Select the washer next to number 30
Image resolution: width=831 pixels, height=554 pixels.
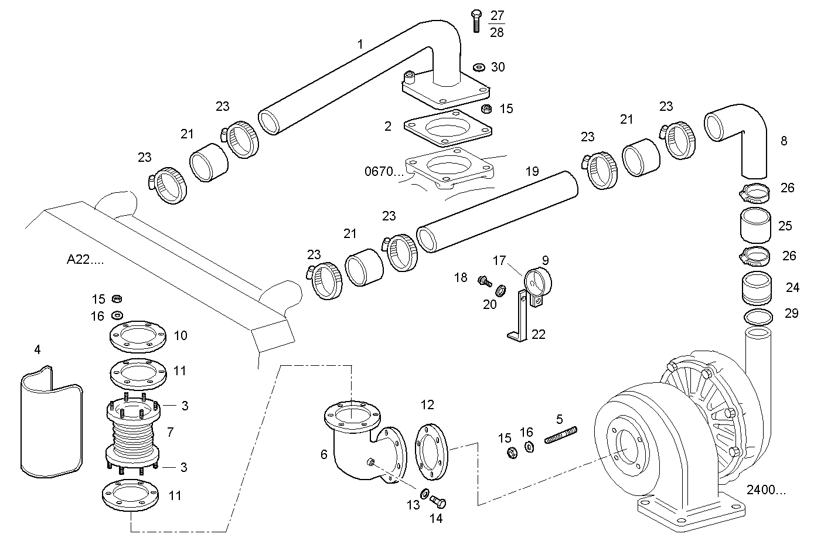478,66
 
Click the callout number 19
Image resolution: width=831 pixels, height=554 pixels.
532,172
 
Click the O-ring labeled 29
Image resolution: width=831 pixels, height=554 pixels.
758,317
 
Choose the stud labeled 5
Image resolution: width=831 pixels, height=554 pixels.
561,436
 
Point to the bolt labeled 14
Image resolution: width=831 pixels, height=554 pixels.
438,502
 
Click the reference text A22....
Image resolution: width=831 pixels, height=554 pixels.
85,260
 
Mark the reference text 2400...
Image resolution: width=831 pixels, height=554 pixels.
767,491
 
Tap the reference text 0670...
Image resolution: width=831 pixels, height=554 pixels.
384,172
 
